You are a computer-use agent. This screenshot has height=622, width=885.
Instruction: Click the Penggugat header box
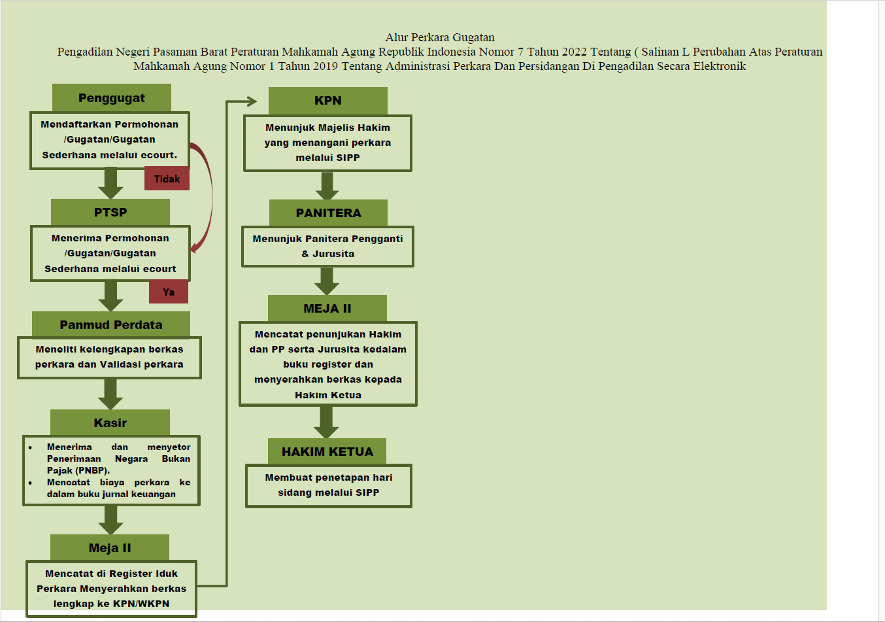(x=111, y=98)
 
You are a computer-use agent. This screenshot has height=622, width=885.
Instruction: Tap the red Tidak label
(x=167, y=179)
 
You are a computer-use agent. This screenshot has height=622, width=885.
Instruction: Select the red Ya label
(x=169, y=292)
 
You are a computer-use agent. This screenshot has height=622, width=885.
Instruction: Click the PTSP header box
(x=110, y=212)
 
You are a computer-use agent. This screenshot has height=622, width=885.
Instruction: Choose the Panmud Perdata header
(x=111, y=325)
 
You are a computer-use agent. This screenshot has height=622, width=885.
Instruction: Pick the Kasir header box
(x=110, y=423)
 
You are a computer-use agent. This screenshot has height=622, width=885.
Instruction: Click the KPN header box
(x=327, y=101)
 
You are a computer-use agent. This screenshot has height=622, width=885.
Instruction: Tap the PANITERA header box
(x=328, y=213)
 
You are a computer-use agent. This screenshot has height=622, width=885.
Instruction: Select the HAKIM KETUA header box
(x=327, y=451)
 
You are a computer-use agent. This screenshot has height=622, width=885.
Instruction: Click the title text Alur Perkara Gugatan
(x=440, y=37)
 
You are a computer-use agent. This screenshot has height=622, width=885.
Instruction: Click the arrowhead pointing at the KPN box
(x=251, y=101)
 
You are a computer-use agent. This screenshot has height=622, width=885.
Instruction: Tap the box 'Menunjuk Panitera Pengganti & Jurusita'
(x=327, y=247)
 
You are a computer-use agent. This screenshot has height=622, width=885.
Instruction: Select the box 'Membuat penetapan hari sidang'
(x=328, y=485)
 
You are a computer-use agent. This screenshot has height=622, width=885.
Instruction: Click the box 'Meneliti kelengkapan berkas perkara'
(x=109, y=357)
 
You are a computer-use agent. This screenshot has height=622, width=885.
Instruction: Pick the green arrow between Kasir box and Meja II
(x=110, y=520)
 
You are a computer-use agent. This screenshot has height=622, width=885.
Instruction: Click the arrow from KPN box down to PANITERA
(x=327, y=186)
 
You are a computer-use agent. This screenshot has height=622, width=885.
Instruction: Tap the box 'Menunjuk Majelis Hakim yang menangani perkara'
(x=327, y=143)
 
